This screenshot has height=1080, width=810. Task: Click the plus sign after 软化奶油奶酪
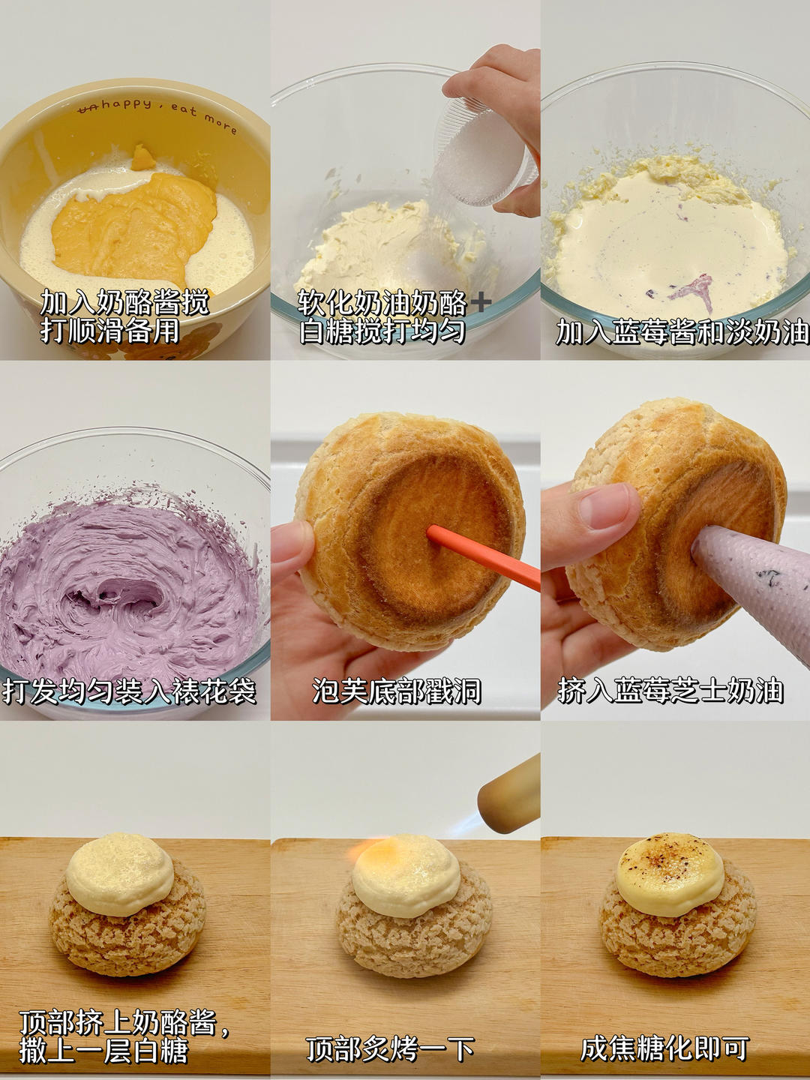[x=481, y=302]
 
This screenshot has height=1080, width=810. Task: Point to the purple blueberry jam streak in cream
[x=694, y=291]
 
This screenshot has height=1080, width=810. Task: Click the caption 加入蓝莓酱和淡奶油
[x=682, y=332]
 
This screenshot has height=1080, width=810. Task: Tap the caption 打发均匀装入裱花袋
[x=129, y=691]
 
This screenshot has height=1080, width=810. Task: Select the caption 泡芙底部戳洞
[x=397, y=691]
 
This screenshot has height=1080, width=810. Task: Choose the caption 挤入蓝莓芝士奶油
[x=670, y=691]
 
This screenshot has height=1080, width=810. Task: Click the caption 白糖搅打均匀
[x=382, y=331]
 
